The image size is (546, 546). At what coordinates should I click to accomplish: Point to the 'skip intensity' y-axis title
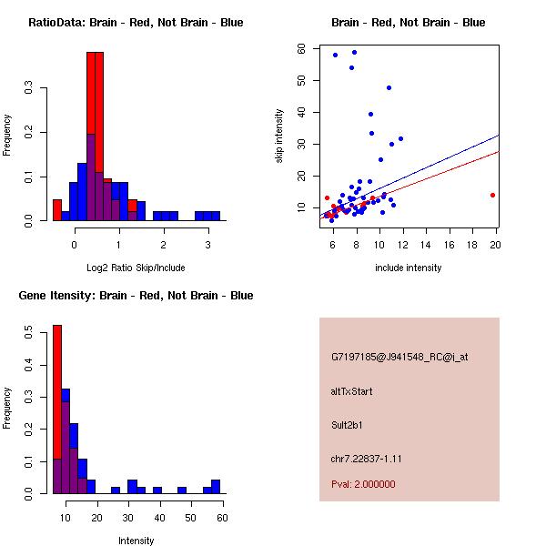pyautogui.click(x=279, y=136)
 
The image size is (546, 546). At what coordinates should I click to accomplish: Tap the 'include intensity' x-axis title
pyautogui.click(x=409, y=268)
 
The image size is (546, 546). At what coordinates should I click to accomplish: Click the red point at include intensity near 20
pyautogui.click(x=492, y=195)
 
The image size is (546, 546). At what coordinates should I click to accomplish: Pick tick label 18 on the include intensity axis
pyautogui.click(x=472, y=244)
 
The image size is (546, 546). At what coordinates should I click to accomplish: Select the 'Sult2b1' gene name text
pyautogui.click(x=348, y=425)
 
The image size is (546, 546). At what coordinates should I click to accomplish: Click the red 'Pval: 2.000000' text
pyautogui.click(x=363, y=484)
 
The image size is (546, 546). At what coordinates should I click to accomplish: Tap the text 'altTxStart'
pyautogui.click(x=352, y=391)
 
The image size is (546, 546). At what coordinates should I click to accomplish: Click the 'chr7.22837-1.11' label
pyautogui.click(x=366, y=458)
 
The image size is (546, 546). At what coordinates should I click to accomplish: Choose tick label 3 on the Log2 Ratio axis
pyautogui.click(x=208, y=244)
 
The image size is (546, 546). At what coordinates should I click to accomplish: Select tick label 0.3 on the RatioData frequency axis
pyautogui.click(x=31, y=88)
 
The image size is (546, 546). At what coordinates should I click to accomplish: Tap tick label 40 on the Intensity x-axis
pyautogui.click(x=158, y=517)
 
